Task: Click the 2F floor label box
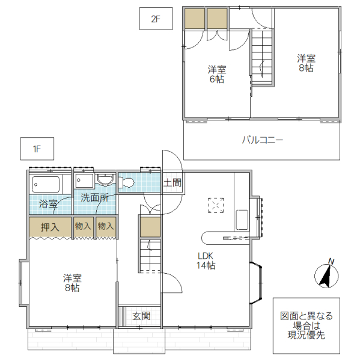pyautogui.click(x=156, y=19)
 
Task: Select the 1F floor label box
pyautogui.click(x=37, y=147)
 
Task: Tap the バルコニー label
pyautogui.click(x=262, y=140)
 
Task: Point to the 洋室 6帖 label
pyautogui.click(x=217, y=74)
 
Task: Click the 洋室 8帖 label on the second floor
pyautogui.click(x=306, y=63)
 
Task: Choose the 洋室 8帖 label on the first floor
pyautogui.click(x=72, y=283)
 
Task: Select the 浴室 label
pyautogui.click(x=48, y=204)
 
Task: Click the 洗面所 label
pyautogui.click(x=94, y=197)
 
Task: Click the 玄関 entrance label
pyautogui.click(x=141, y=315)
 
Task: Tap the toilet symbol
pyautogui.click(x=128, y=183)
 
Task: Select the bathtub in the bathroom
pyautogui.click(x=46, y=183)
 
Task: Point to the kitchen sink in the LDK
pyautogui.click(x=242, y=220)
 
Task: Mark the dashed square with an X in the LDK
pyautogui.click(x=215, y=206)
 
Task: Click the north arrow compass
pyautogui.click(x=325, y=275)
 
